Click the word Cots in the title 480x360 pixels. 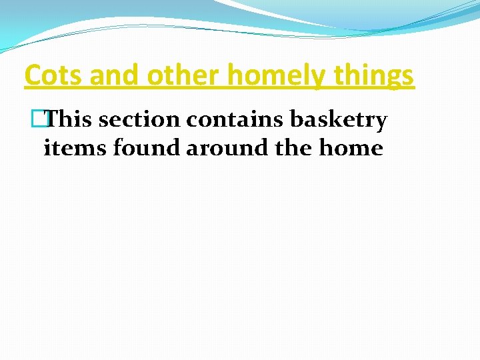(54, 76)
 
